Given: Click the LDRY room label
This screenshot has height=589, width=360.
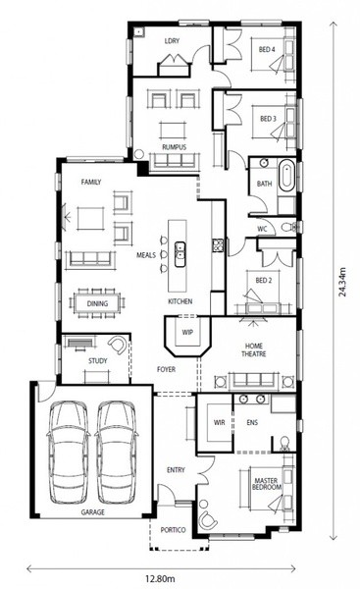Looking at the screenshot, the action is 172,40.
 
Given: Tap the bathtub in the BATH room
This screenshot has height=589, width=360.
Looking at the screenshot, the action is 287,176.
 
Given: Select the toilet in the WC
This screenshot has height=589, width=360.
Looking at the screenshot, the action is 288,227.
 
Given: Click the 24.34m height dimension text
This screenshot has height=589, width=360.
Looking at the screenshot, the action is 342,282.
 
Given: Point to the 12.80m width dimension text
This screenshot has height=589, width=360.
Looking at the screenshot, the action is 160,579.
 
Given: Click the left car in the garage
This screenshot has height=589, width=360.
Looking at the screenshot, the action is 68,453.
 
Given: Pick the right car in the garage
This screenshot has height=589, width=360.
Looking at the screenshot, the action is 116,453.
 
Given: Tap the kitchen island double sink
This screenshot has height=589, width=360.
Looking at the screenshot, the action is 180,254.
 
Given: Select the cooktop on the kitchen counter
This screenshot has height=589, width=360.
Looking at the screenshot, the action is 219,245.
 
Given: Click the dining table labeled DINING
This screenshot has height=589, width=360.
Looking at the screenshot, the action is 97,303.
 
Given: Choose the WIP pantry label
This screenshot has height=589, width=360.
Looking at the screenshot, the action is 187,332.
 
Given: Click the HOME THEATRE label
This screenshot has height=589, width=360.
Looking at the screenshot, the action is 254,349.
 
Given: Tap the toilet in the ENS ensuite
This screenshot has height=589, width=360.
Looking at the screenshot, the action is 284,444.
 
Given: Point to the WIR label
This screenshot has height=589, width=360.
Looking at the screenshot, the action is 219,422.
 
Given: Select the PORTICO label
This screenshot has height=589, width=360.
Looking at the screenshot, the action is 173,530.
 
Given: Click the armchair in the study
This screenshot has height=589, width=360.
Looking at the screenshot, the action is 118,345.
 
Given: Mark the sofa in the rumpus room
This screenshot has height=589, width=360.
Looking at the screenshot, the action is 175,162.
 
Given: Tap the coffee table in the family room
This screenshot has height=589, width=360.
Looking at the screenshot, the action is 90,218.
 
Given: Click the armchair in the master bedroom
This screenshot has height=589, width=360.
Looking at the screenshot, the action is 208,520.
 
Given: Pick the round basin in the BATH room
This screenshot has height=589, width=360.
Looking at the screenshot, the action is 264,162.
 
